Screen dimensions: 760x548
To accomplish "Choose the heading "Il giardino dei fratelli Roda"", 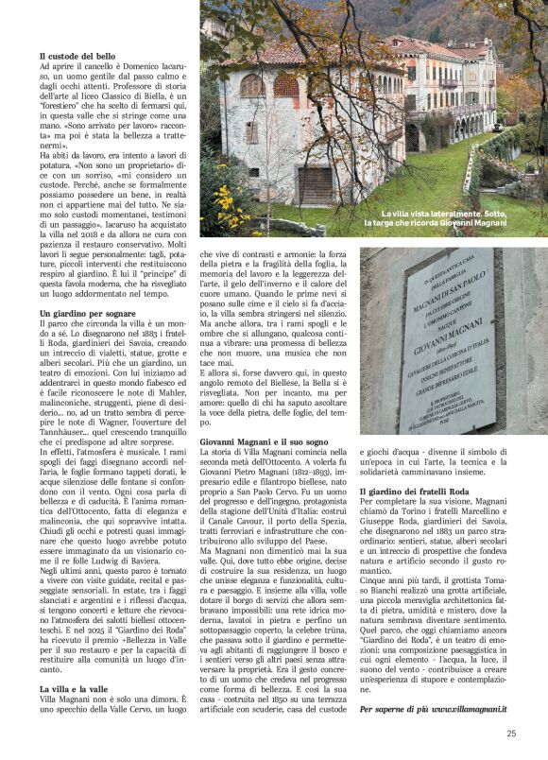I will click(x=418, y=491).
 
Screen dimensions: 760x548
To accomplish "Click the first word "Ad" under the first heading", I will click(x=44, y=68).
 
